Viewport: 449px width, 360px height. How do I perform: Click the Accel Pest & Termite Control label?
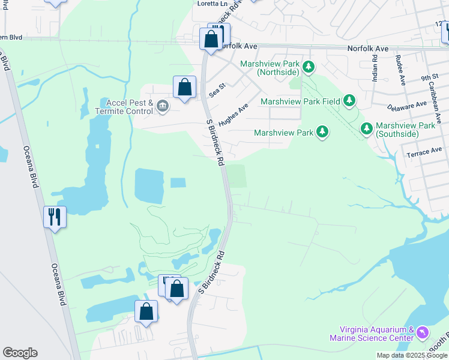pos(127,107)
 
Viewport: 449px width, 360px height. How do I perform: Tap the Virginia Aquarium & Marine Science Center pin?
pos(423,332)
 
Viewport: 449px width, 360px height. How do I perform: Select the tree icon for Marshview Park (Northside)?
pos(309,67)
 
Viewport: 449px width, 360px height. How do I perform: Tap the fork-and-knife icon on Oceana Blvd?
pos(55,216)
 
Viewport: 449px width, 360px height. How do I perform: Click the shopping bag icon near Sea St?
pos(185,87)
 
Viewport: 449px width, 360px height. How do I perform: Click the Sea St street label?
pos(216,90)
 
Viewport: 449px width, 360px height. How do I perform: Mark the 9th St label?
pos(429,77)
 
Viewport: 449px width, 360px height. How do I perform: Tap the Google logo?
pos(20,353)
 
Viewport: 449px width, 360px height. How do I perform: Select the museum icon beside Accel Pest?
pos(163,107)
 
